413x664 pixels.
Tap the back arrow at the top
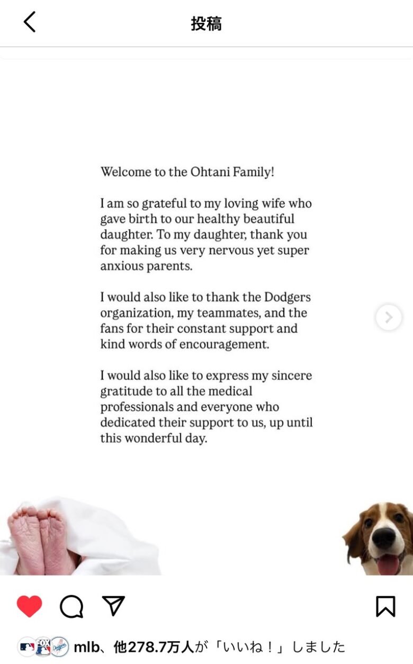click(30, 22)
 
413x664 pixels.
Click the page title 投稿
click(206, 23)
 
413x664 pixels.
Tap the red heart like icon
click(29, 606)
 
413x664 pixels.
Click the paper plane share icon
click(113, 606)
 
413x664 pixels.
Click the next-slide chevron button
click(389, 317)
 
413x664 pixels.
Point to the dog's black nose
click(383, 538)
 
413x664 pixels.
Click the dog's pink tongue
click(388, 564)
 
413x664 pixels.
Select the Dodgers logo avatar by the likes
click(60, 647)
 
